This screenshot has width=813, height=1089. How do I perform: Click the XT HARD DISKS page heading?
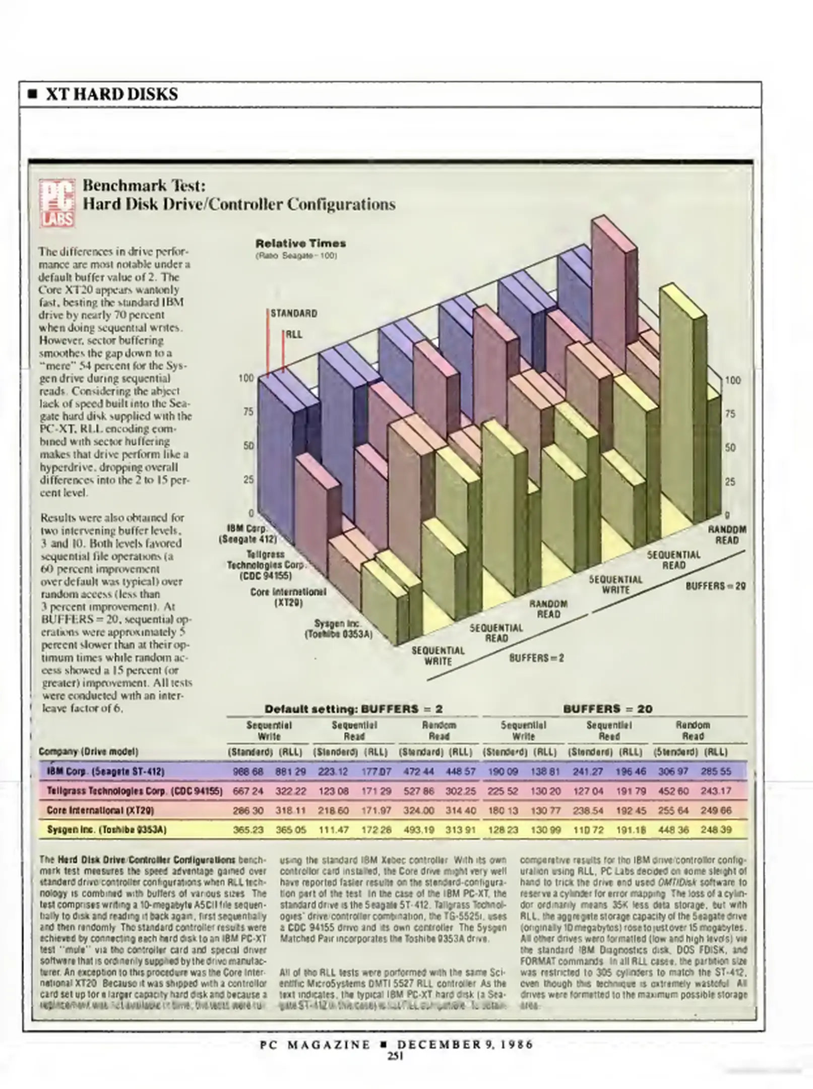pyautogui.click(x=111, y=94)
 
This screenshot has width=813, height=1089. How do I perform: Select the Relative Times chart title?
pyautogui.click(x=300, y=243)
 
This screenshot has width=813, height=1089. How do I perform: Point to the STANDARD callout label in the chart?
pyautogui.click(x=294, y=313)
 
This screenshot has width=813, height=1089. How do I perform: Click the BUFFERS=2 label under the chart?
pyautogui.click(x=536, y=658)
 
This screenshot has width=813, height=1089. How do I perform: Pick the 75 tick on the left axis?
pyautogui.click(x=248, y=412)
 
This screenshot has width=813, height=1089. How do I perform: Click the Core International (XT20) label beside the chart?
pyautogui.click(x=288, y=597)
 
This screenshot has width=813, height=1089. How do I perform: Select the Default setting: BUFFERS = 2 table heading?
pyautogui.click(x=353, y=709)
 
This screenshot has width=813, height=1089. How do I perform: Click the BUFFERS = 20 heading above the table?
pyautogui.click(x=607, y=709)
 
